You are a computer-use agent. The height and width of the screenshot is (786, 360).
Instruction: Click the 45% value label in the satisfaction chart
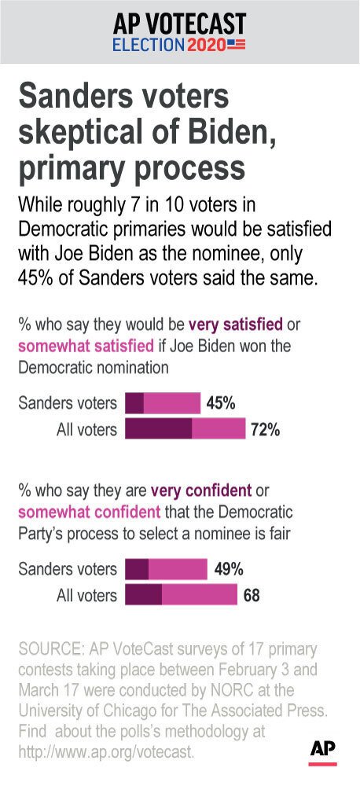tap(221, 403)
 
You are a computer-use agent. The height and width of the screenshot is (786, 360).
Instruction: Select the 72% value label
tap(265, 429)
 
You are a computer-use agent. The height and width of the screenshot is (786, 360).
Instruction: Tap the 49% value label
tap(229, 569)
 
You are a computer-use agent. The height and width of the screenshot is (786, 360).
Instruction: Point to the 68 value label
tap(252, 596)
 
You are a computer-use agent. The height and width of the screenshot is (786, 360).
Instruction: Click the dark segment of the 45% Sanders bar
tap(134, 403)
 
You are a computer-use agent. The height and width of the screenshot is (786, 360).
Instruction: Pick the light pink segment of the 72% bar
tap(219, 428)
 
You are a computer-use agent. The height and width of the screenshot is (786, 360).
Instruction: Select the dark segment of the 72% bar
tap(159, 428)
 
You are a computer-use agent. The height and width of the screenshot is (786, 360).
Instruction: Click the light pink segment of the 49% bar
tap(178, 569)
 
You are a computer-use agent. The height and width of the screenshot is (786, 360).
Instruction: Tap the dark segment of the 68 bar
tap(143, 595)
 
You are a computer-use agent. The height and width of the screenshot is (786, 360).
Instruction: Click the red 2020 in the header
tap(206, 45)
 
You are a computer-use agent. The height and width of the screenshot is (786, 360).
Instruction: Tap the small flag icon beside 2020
tap(237, 45)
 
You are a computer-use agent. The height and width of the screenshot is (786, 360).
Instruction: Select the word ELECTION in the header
tap(149, 45)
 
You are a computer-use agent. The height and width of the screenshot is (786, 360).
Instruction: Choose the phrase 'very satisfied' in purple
tap(236, 325)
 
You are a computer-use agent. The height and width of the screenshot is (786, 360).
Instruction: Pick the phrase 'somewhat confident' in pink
tap(90, 512)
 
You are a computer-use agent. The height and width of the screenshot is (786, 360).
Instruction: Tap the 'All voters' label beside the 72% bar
tap(86, 430)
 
